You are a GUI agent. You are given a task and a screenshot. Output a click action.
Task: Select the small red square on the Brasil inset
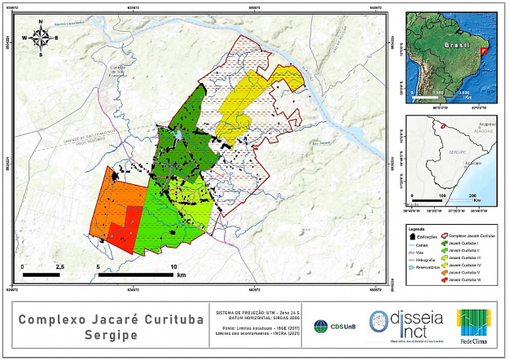[x=485, y=50]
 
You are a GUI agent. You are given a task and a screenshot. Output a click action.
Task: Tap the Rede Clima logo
[x=474, y=325]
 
